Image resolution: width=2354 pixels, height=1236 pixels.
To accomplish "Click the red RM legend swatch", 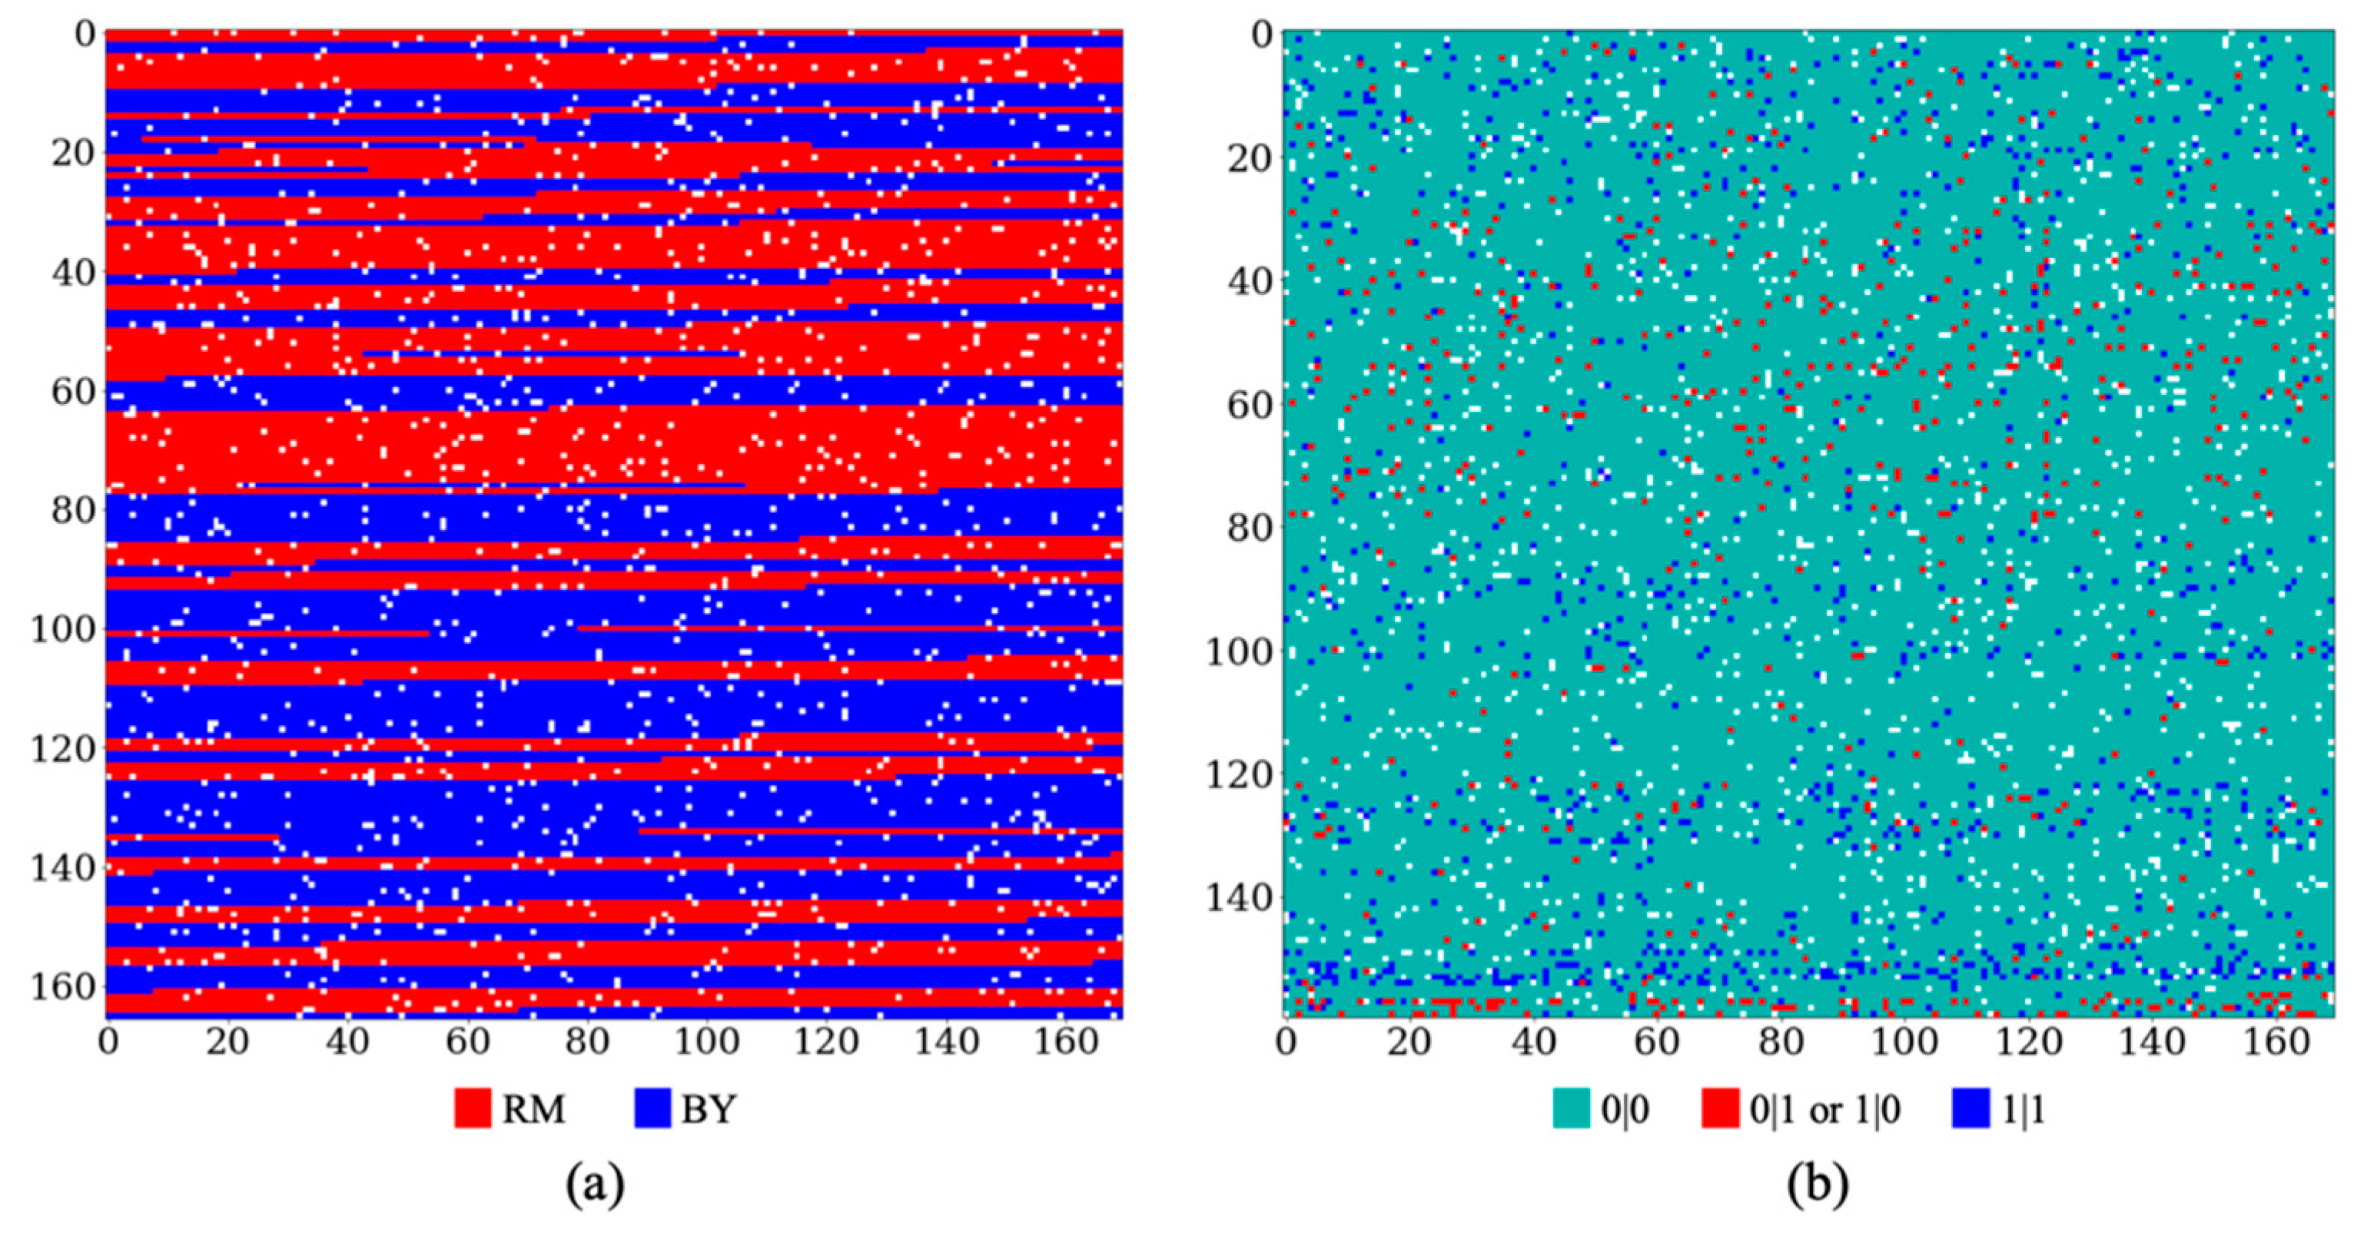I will pyautogui.click(x=473, y=1109).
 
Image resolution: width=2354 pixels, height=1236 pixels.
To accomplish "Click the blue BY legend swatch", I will pyautogui.click(x=652, y=1109).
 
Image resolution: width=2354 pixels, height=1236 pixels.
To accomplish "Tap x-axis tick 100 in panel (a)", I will pyautogui.click(x=706, y=1042).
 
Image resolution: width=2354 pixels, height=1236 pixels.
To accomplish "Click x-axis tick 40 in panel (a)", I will pyautogui.click(x=347, y=1042).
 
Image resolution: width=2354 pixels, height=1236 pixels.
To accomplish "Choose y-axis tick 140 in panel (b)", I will pyautogui.click(x=1238, y=898).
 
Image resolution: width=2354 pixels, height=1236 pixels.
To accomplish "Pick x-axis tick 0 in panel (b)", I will pyautogui.click(x=1286, y=1042).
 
